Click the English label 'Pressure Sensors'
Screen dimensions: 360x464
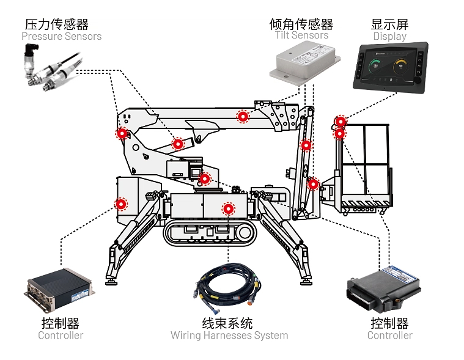[x=61, y=37]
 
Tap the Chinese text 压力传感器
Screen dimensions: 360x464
[x=57, y=24]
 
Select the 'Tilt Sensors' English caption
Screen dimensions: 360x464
[x=301, y=35]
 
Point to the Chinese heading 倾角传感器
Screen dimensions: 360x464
[x=301, y=24]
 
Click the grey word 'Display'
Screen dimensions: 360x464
[x=389, y=37]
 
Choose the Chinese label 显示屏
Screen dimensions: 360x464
[x=389, y=24]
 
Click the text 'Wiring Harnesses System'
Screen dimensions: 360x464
[x=229, y=336]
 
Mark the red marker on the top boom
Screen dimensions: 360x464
[x=243, y=116]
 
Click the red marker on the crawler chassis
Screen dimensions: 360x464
[x=229, y=209]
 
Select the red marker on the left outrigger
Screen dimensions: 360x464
[x=122, y=204]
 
